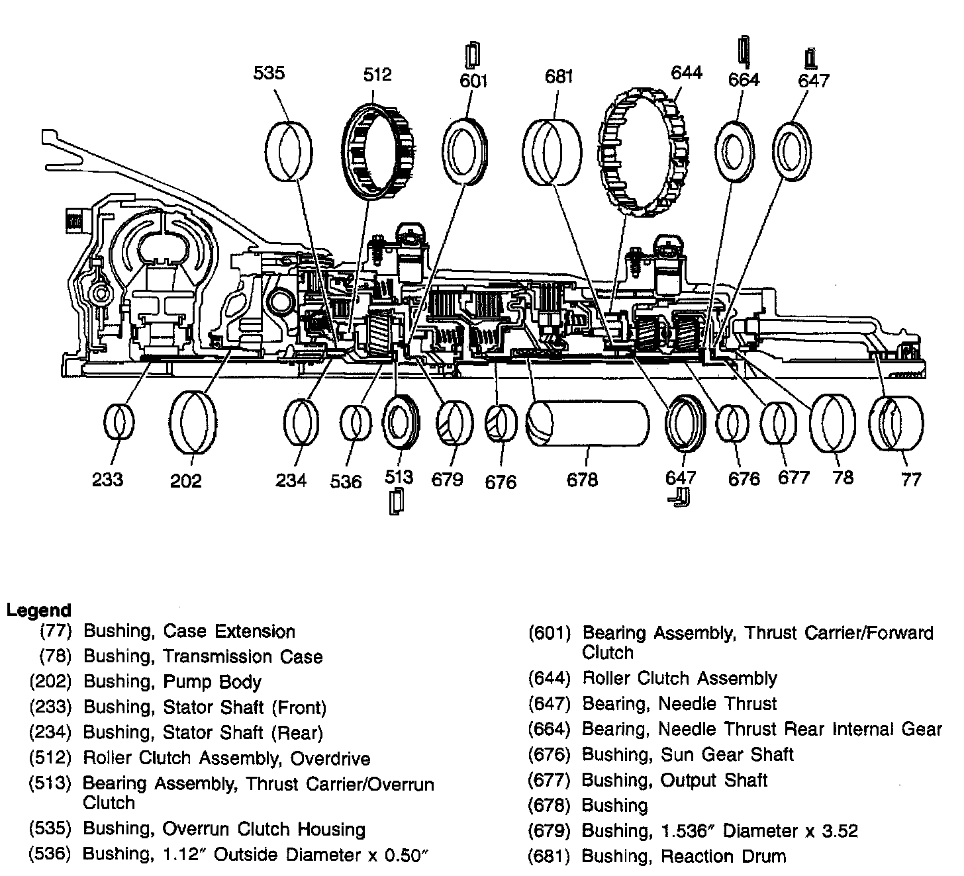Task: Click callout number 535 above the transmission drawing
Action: [269, 72]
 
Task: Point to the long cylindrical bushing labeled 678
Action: [587, 423]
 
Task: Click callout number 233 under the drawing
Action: [107, 478]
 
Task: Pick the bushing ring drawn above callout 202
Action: [193, 421]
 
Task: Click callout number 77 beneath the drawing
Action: [911, 479]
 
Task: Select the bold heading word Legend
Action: [38, 610]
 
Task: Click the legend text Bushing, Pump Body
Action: [172, 681]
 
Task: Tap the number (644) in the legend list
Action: [550, 678]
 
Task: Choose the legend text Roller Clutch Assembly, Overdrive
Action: [226, 758]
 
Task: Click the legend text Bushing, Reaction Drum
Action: [684, 856]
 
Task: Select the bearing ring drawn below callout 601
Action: [467, 151]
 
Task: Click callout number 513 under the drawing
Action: [399, 477]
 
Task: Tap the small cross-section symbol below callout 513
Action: [395, 503]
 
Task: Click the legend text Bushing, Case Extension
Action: [189, 631]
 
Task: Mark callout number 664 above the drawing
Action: [744, 79]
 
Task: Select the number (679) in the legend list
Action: [550, 831]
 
